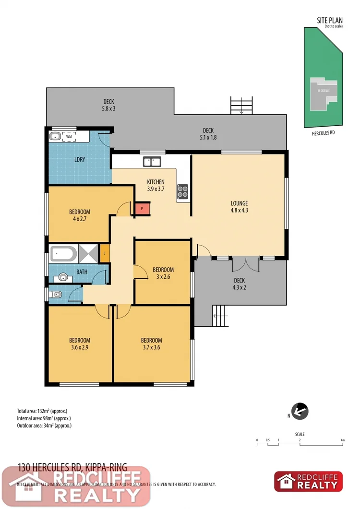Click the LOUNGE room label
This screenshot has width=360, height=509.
[239, 203]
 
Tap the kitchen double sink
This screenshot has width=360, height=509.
[152, 162]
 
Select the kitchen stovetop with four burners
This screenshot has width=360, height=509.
[183, 191]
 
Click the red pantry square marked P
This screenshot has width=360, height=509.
[142, 209]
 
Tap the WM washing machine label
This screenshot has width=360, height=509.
[69, 137]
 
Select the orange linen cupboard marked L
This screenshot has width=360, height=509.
[105, 253]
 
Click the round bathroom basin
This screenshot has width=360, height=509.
[63, 277]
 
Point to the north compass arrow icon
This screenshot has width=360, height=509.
[300, 411]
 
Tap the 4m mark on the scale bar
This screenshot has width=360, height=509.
[343, 440]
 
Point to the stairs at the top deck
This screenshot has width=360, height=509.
[241, 105]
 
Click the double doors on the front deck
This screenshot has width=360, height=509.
[245, 264]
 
